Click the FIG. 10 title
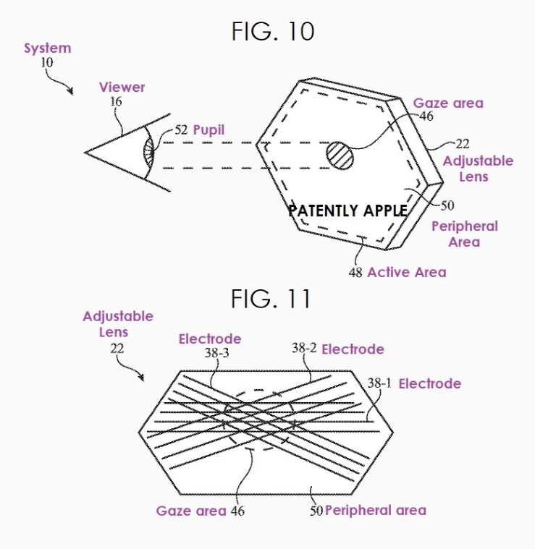[273, 31]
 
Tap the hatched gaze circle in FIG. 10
[340, 155]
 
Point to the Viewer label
[122, 88]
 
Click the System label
[48, 48]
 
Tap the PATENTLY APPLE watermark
[347, 210]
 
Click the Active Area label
[406, 273]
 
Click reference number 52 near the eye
[180, 130]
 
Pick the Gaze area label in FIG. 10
[448, 103]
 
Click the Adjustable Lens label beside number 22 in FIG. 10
[478, 169]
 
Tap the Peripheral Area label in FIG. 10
[464, 234]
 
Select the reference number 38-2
[304, 349]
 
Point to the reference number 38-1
[379, 383]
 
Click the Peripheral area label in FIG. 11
[375, 510]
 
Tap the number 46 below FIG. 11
[237, 511]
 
